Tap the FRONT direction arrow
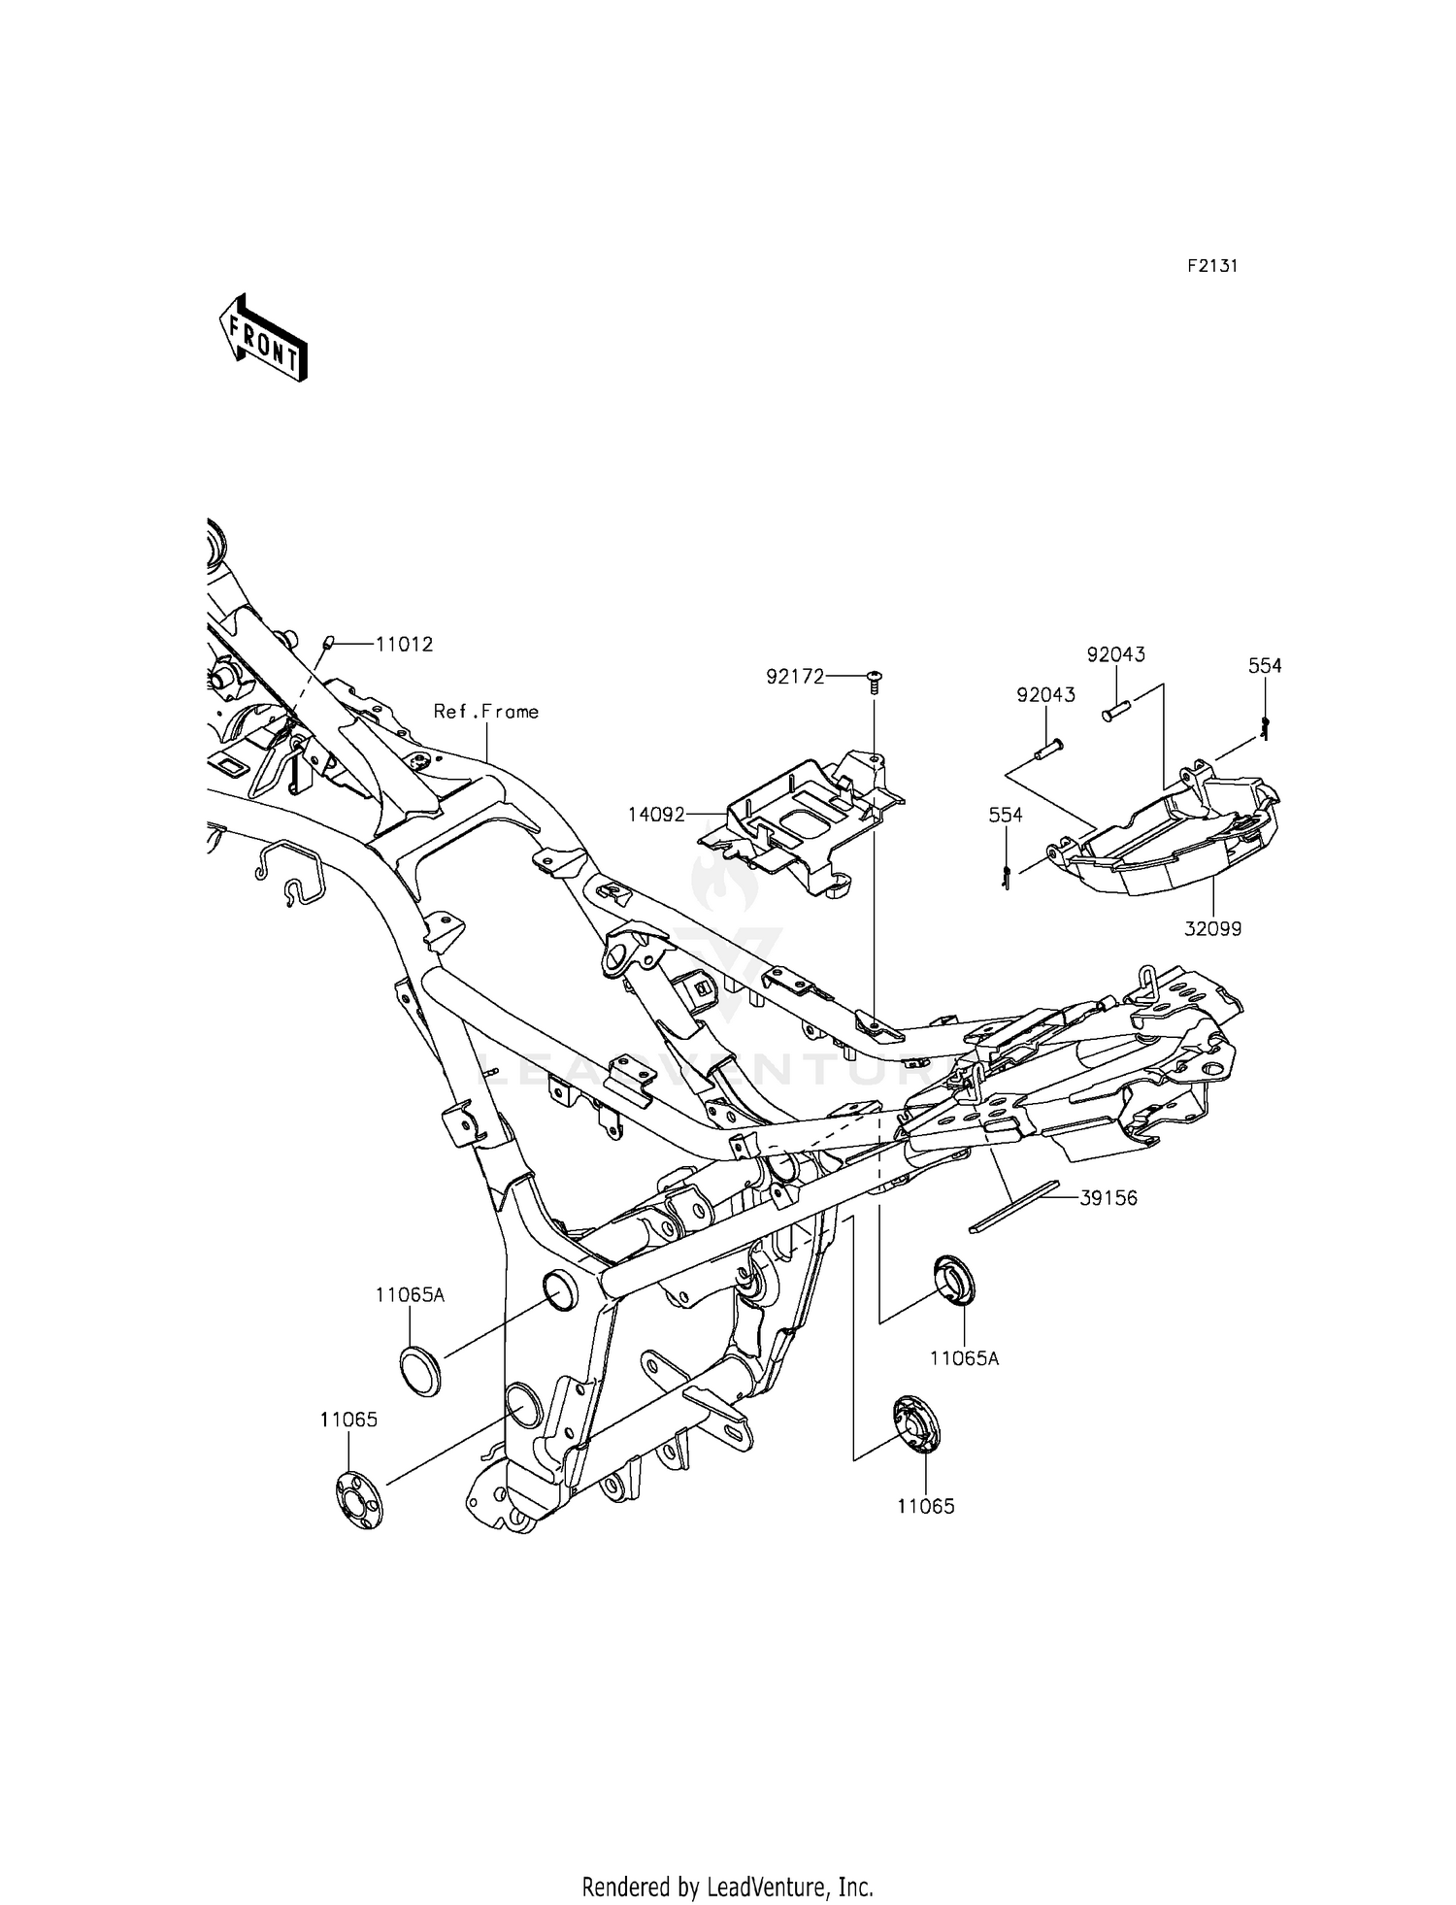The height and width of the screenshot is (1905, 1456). click(262, 337)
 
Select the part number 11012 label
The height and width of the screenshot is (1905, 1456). click(404, 644)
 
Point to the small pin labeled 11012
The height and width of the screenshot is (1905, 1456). click(327, 642)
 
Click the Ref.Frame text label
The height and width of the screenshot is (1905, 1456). click(485, 712)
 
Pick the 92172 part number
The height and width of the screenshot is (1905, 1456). click(795, 677)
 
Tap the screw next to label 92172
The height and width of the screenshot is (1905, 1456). click(874, 682)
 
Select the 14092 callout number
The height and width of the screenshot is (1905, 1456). click(656, 814)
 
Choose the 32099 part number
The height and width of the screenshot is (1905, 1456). click(1212, 929)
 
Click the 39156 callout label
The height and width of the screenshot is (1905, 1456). click(1109, 1199)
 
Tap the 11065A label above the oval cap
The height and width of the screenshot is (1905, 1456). click(410, 1294)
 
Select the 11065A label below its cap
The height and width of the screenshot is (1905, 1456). click(964, 1358)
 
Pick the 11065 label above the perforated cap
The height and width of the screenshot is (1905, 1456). click(348, 1419)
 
